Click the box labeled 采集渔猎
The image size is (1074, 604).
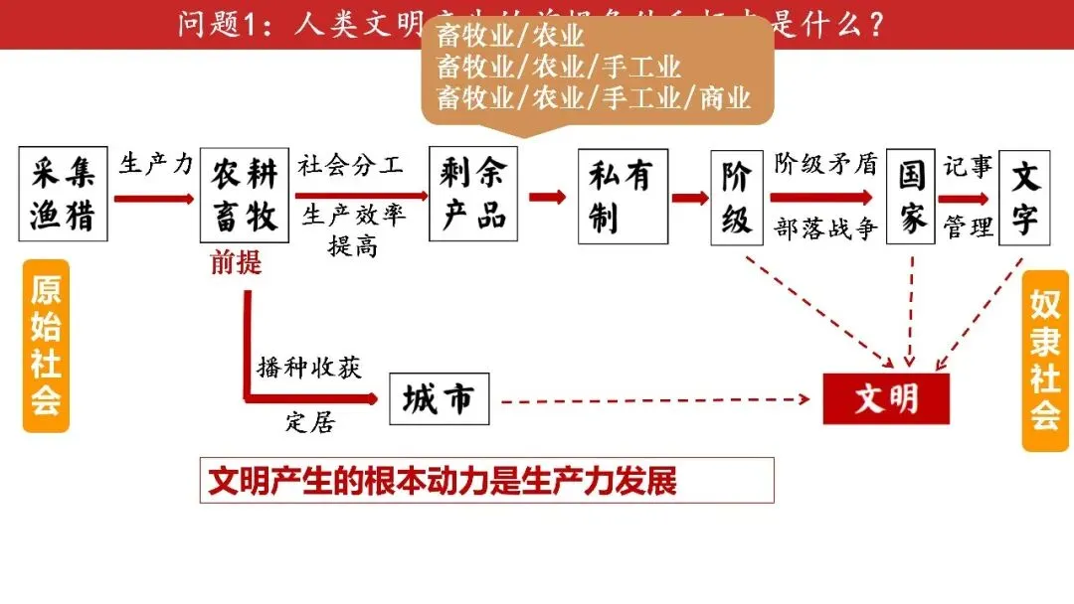click(x=63, y=194)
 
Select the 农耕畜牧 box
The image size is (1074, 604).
click(x=244, y=196)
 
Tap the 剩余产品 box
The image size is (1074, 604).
click(x=473, y=195)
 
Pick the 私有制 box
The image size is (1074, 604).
click(x=623, y=196)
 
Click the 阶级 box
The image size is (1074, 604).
click(x=737, y=197)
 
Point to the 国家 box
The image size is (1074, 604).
click(x=911, y=197)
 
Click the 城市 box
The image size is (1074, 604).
click(x=439, y=399)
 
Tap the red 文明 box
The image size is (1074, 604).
click(x=886, y=399)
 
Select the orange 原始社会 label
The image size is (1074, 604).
click(x=46, y=346)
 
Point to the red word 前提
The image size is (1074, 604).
click(x=236, y=262)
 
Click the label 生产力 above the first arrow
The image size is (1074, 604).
click(x=156, y=164)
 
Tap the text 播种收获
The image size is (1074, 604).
click(x=308, y=367)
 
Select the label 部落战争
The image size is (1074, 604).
click(x=826, y=228)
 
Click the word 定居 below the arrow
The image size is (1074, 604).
click(x=310, y=422)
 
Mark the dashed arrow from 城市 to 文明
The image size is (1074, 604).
click(x=656, y=400)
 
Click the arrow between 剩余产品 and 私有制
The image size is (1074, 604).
click(x=547, y=196)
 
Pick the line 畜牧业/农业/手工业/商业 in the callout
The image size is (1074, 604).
click(x=594, y=98)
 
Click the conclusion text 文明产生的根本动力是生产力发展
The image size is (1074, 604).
click(x=443, y=481)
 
